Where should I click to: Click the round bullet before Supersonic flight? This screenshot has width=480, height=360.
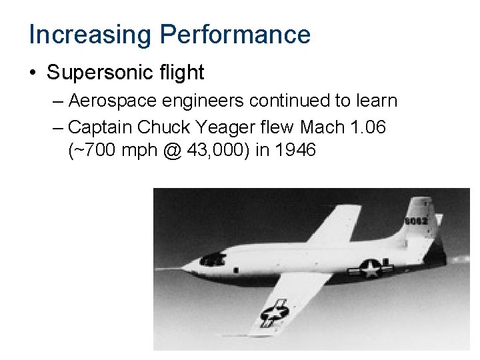point(33,72)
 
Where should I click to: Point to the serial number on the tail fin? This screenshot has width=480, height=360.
point(415,220)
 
